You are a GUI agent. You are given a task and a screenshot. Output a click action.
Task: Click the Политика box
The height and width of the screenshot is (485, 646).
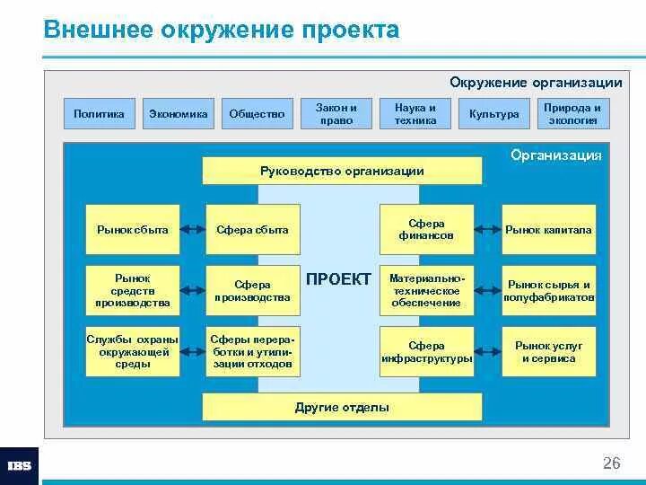[x=99, y=114]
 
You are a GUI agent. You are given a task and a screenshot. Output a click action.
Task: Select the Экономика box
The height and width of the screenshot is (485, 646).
[x=178, y=114]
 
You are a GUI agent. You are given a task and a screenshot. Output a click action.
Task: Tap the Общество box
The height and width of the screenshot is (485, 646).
[x=257, y=114]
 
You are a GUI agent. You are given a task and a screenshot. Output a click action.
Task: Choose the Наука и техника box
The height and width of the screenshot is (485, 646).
[x=415, y=113]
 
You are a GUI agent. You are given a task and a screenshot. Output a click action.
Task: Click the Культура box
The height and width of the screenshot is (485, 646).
[x=494, y=114]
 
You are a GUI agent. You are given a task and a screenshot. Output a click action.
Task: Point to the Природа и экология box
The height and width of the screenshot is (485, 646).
[x=572, y=113]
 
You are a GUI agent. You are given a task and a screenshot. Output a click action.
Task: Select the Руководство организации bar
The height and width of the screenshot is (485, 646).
[x=342, y=171]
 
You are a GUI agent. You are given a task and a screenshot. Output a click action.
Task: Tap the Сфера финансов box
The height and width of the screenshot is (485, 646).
[x=426, y=229]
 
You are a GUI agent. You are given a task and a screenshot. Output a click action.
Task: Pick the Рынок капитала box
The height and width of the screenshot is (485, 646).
[x=548, y=230]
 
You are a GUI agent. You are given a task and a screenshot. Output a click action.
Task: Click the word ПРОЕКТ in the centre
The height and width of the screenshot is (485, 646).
[x=338, y=279]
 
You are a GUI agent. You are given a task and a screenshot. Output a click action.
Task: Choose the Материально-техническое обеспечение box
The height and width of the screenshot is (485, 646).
[x=426, y=290]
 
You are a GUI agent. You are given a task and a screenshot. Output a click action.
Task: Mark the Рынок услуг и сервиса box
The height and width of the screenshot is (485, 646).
[x=548, y=352]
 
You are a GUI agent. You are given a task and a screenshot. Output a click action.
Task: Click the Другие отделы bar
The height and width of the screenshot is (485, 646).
[x=342, y=407]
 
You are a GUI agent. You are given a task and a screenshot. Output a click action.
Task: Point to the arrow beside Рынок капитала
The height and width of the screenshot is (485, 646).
[x=486, y=230]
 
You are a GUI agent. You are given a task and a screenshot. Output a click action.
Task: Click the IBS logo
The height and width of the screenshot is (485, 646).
[x=19, y=466]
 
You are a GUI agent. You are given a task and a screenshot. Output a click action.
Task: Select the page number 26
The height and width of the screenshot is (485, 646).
[x=611, y=463]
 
